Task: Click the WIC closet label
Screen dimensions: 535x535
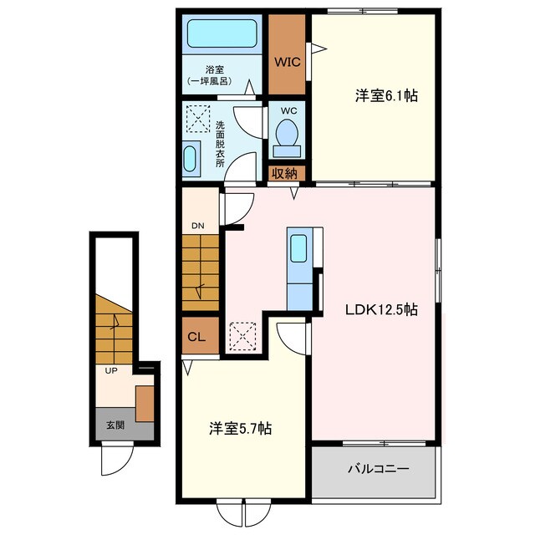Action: (288, 62)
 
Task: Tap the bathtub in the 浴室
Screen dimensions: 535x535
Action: (222, 33)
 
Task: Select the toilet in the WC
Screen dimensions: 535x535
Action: (287, 139)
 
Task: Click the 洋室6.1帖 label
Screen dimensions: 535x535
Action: (386, 96)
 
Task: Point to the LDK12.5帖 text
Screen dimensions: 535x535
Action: (381, 310)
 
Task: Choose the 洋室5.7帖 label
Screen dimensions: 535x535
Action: (240, 429)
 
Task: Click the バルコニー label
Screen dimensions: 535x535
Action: (378, 469)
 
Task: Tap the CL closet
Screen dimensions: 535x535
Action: (201, 335)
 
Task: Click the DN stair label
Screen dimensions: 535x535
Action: (198, 226)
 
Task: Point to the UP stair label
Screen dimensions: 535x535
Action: (111, 370)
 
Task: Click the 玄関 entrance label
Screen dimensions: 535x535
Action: (115, 425)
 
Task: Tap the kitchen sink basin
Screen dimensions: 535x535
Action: (298, 248)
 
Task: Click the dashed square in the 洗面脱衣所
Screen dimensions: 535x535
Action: (198, 119)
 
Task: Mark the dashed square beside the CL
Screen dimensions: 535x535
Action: (242, 336)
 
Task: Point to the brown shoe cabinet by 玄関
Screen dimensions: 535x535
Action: (145, 404)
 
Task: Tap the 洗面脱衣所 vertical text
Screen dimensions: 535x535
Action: (220, 144)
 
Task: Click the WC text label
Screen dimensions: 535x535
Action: (288, 111)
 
